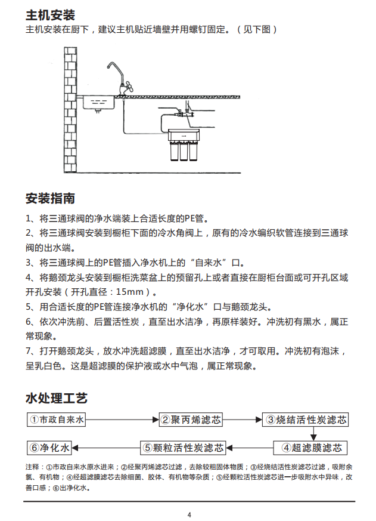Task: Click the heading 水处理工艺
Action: click(57, 397)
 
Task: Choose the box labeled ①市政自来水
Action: click(57, 420)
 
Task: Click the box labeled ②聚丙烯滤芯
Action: click(191, 420)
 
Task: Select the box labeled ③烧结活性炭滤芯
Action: click(306, 420)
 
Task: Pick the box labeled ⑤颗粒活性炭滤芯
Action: click(184, 448)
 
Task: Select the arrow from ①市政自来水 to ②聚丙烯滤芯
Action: click(122, 420)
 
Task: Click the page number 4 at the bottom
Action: click(189, 514)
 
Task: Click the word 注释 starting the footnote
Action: click(33, 466)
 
